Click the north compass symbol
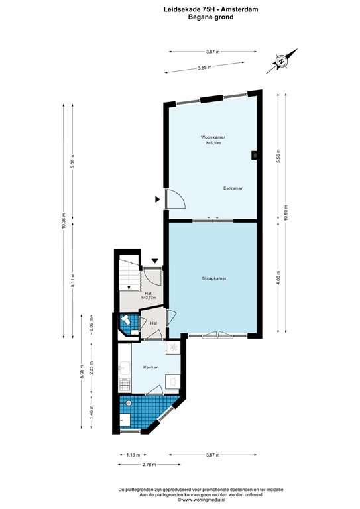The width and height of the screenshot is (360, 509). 282,61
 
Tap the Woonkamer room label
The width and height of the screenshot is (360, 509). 213,137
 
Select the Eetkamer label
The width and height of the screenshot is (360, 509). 233,188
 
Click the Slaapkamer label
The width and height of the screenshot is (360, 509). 214,278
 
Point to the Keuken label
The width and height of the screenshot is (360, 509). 150,367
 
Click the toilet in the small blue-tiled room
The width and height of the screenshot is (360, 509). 125,321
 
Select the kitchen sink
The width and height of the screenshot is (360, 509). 125,366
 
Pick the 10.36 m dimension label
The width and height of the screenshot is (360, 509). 64,221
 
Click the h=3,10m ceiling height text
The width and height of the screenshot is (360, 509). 213,143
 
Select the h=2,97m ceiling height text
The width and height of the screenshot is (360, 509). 149,298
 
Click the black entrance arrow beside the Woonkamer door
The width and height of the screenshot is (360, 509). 158,198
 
